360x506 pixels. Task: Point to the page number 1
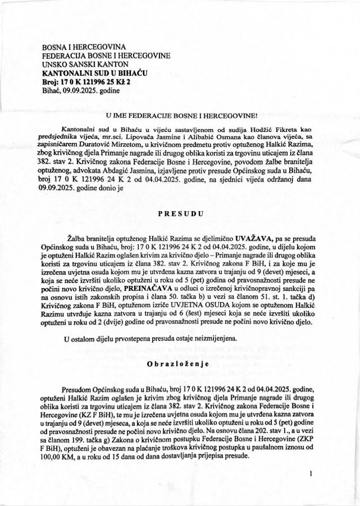click(x=310, y=473)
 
